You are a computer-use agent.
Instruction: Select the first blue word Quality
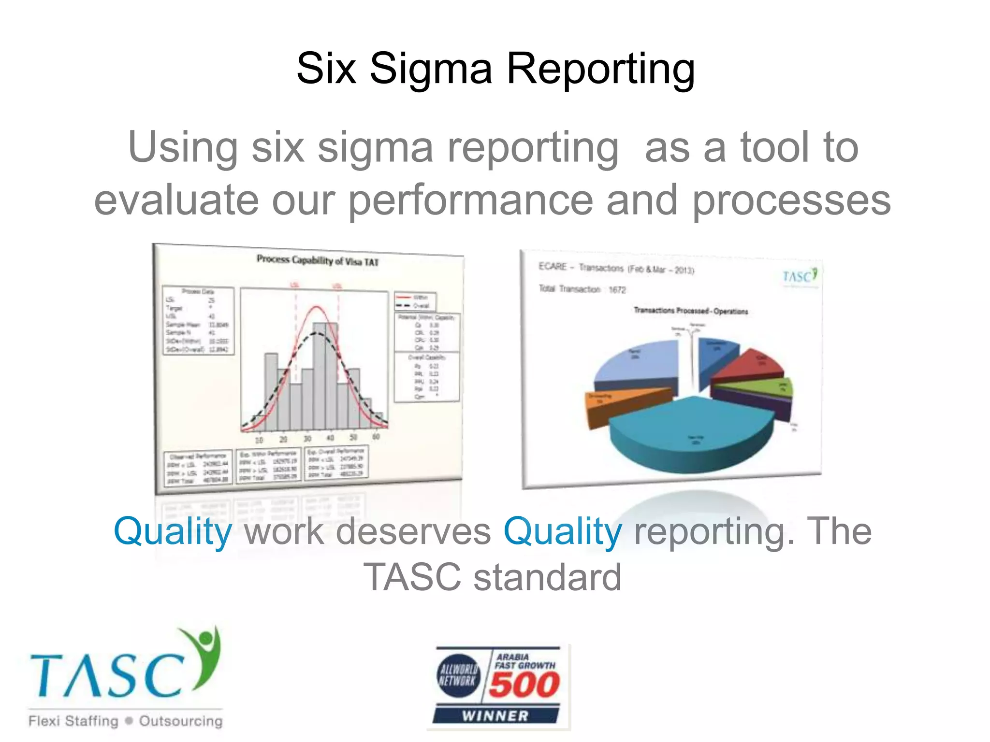173,531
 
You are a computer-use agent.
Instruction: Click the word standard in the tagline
547,577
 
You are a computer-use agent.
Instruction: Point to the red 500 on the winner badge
524,685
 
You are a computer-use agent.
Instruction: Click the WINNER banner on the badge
495,715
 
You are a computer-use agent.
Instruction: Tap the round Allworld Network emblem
459,675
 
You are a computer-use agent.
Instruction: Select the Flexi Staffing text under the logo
73,721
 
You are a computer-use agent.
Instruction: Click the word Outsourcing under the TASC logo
181,721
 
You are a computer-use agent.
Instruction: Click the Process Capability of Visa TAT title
318,260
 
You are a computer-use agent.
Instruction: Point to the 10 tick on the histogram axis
259,440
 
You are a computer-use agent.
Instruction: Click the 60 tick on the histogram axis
376,436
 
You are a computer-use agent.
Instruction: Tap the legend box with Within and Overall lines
415,301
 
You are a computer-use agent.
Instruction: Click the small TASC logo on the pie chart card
800,276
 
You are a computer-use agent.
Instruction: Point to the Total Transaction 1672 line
582,289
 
